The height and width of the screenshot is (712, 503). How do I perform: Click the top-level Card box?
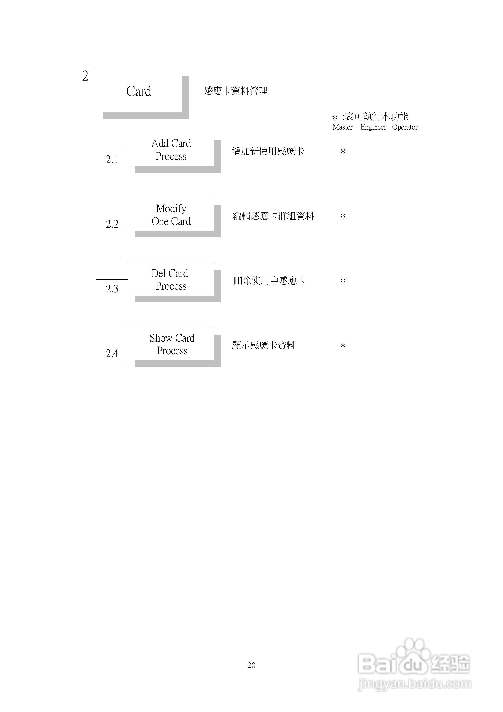139,91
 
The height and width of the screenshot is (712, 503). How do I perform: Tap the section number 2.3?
112,289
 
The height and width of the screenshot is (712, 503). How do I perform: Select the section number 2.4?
112,353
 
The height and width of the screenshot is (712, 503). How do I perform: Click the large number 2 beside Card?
85,76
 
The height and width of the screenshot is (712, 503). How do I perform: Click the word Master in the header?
342,127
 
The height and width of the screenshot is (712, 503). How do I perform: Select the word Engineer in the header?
373,127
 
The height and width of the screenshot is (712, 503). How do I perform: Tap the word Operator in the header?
405,127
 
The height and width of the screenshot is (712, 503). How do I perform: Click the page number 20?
251,665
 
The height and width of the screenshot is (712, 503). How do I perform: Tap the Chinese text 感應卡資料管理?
236,91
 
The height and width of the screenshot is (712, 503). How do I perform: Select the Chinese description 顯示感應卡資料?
264,345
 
